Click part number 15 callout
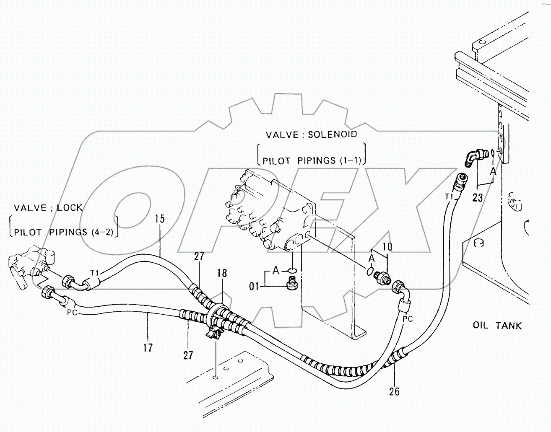click(x=160, y=219)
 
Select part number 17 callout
click(x=148, y=347)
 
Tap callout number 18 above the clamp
click(x=222, y=274)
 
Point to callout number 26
click(x=394, y=391)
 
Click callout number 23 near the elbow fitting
click(x=478, y=197)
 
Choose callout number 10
click(x=387, y=247)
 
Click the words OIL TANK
click(x=497, y=325)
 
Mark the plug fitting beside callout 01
click(x=291, y=285)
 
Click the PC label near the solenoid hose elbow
click(x=408, y=319)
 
